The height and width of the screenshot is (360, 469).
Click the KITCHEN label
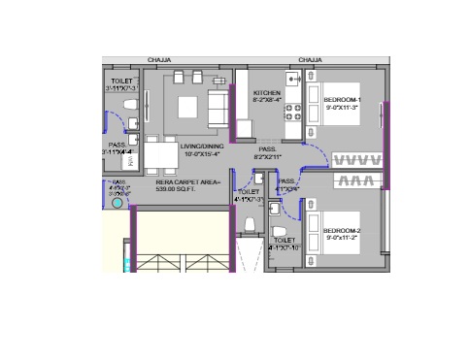(268, 92)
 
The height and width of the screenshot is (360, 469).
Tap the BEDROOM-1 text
(342, 100)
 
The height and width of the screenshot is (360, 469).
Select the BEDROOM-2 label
(342, 230)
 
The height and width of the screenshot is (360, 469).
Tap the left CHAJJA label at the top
(159, 60)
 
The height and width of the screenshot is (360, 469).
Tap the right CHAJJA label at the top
(310, 60)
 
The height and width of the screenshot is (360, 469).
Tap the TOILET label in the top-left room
(121, 82)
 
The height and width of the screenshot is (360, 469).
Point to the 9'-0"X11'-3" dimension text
(343, 108)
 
